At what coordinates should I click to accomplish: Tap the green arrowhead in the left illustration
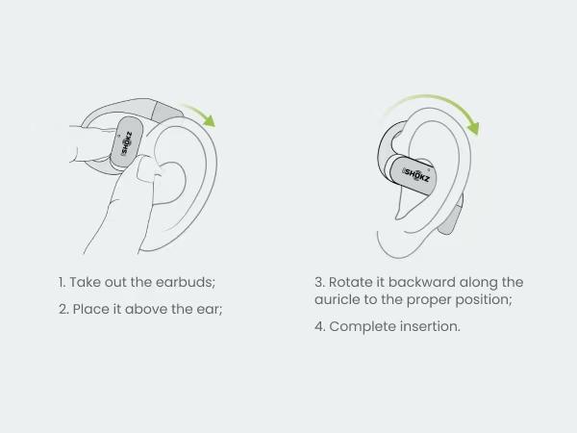(x=209, y=121)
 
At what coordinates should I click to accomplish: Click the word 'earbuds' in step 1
(x=188, y=283)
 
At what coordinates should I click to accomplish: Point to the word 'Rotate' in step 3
(x=352, y=283)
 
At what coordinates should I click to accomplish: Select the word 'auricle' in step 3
(x=339, y=300)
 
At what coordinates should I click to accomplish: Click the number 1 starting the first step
(x=60, y=283)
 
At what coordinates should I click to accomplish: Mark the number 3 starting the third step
(x=318, y=283)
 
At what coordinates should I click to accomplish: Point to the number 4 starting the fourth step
(x=318, y=326)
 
